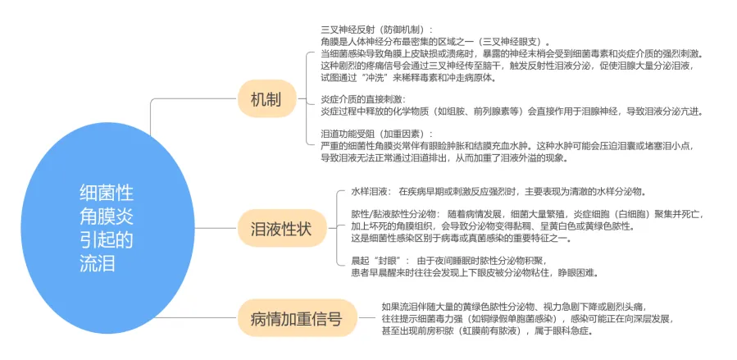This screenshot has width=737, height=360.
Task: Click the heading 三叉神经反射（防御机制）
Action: (x=377, y=30)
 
